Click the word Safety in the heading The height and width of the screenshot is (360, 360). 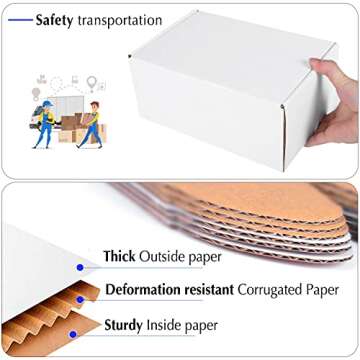tap(61, 20)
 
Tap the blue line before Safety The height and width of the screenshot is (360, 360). tap(20, 20)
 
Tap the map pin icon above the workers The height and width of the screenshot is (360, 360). tap(91, 82)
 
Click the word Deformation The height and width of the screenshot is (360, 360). tap(143, 290)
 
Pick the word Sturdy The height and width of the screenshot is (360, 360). tap(124, 325)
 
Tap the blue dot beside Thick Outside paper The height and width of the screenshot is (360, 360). tap(80, 267)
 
